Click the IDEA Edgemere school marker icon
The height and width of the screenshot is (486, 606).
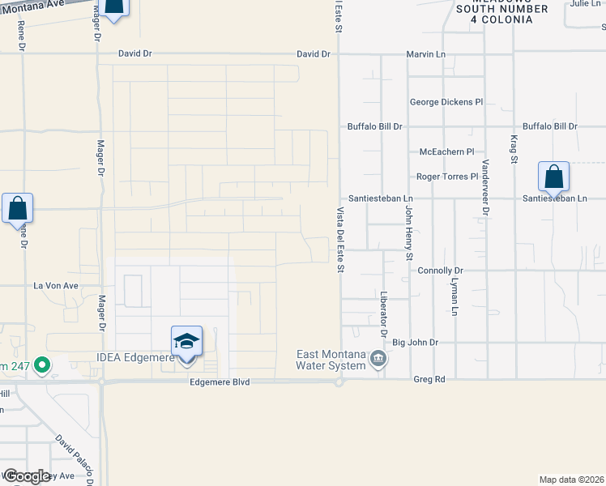click(x=186, y=341)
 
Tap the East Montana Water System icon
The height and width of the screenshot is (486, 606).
click(x=377, y=358)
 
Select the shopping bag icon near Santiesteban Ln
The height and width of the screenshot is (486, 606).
click(x=553, y=176)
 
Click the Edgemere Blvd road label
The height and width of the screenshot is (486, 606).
click(x=220, y=382)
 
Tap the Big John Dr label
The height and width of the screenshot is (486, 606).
click(x=415, y=343)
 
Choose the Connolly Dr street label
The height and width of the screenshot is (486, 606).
click(x=440, y=271)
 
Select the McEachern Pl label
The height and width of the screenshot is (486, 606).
click(x=446, y=151)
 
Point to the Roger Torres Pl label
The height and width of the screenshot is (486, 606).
click(x=447, y=176)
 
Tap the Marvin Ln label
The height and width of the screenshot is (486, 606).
click(x=425, y=54)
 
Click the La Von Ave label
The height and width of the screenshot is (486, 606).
click(x=55, y=286)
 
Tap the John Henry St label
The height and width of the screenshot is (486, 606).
click(x=408, y=232)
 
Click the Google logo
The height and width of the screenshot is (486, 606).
click(x=27, y=476)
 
